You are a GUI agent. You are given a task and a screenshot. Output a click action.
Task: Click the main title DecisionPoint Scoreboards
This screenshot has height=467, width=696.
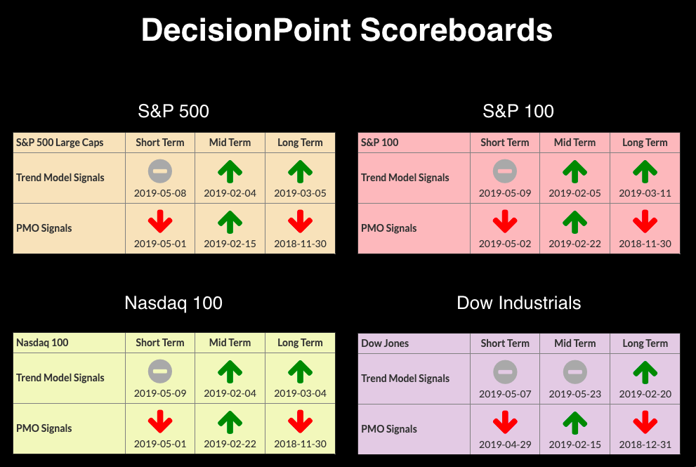(x=347, y=30)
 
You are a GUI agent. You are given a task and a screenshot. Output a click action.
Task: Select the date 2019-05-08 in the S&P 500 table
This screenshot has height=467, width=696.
(x=160, y=193)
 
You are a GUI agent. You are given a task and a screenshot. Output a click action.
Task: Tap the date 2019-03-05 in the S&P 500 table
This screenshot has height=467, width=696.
(x=300, y=193)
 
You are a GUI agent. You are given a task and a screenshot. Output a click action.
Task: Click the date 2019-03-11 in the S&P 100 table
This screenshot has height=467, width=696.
(x=645, y=193)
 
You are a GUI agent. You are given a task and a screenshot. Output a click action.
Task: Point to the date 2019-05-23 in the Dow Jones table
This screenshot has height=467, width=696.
(x=574, y=394)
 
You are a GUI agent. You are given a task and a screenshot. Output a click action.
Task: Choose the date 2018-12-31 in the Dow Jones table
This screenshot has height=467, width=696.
(x=645, y=445)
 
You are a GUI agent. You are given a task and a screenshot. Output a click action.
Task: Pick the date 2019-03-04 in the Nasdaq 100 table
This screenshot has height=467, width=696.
(x=300, y=393)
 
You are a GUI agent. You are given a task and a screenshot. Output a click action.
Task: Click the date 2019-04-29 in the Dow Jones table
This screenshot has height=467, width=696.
(x=505, y=445)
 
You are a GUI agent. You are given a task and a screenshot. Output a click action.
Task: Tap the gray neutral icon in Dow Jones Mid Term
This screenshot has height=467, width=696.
(x=574, y=372)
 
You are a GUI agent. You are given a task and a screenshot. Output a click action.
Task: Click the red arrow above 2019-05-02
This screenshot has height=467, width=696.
(x=505, y=221)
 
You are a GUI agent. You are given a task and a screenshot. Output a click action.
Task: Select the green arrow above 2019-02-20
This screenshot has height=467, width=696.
(x=645, y=372)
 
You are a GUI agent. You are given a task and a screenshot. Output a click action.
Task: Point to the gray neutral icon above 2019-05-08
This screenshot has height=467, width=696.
(x=160, y=171)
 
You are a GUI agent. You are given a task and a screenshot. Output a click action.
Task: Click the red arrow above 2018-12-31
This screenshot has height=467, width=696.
(x=645, y=422)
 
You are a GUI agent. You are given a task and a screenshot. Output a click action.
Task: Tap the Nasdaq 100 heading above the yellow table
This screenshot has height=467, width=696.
(x=173, y=303)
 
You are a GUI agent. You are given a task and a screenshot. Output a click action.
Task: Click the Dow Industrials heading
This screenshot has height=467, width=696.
(x=519, y=303)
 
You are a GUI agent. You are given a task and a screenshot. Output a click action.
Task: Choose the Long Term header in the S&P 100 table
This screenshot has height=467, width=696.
(x=645, y=143)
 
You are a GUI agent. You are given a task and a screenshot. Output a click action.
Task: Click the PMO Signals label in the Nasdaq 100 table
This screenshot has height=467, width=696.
(x=44, y=428)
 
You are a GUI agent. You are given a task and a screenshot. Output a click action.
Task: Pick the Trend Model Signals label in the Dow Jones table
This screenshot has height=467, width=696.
(x=405, y=379)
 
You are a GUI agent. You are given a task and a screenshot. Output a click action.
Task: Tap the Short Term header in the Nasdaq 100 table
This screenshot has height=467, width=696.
(x=160, y=343)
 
